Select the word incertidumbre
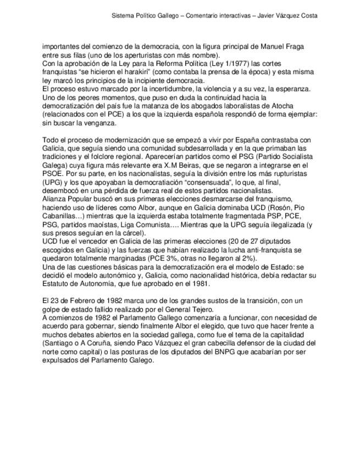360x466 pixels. [157, 88]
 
